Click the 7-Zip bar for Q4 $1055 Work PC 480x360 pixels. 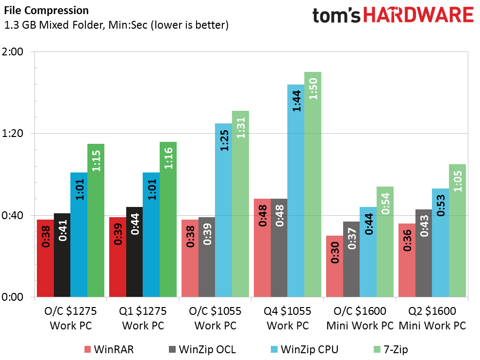click(313, 185)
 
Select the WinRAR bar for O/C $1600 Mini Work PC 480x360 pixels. click(334, 266)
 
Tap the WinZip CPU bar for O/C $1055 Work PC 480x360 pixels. click(223, 210)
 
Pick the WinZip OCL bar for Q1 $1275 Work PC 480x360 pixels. click(134, 252)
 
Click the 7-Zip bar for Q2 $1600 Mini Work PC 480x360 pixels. click(457, 230)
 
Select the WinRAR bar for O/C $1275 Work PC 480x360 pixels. click(45, 258)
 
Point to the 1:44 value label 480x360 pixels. click(297, 101)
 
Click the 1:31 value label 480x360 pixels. click(241, 128)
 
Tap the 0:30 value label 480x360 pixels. click(335, 253)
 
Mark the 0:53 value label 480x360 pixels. click(441, 206)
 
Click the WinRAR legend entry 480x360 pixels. click(109, 349)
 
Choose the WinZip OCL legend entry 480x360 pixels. click(202, 349)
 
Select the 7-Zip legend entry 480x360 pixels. click(391, 349)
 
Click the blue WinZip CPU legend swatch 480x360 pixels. click(274, 349)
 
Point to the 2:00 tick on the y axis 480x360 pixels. click(13, 51)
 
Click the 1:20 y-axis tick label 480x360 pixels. click(13, 133)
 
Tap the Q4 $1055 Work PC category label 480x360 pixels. click(287, 318)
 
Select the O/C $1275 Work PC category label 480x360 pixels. click(71, 318)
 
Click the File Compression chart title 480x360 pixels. click(46, 10)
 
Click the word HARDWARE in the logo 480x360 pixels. click(418, 15)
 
